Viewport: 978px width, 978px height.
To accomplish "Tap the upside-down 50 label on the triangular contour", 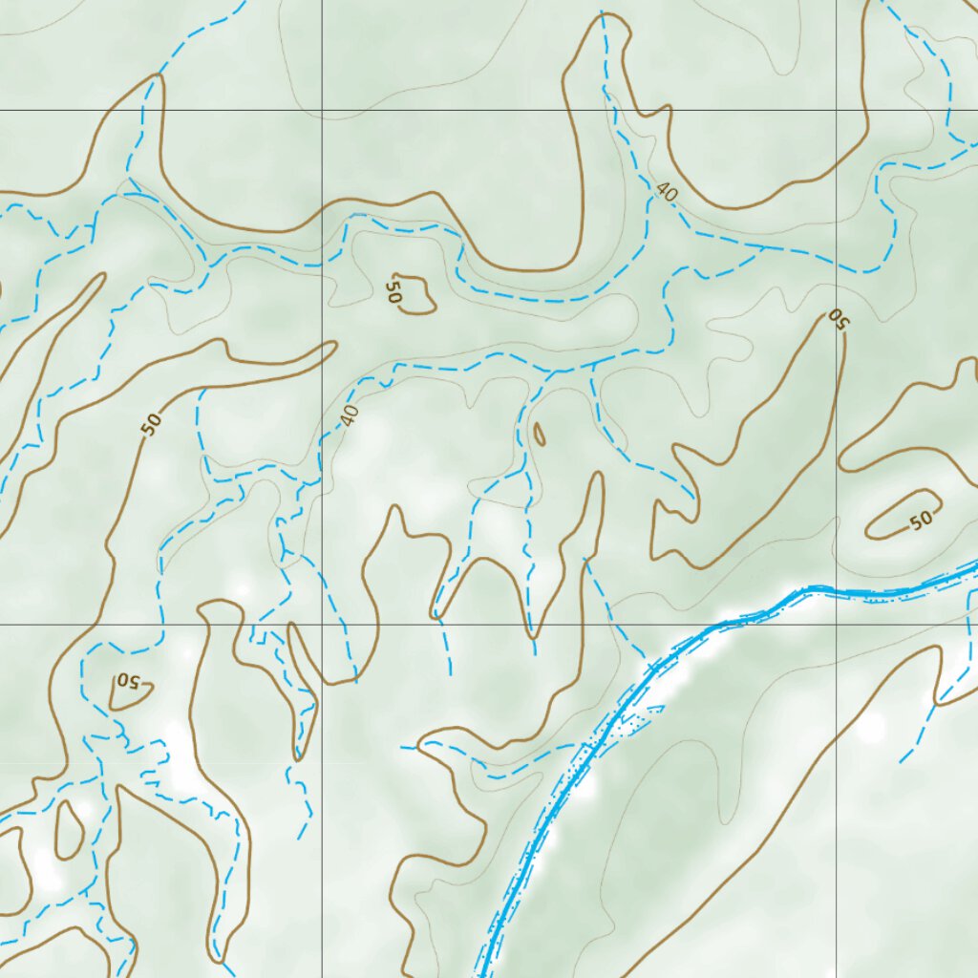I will pos(129,682).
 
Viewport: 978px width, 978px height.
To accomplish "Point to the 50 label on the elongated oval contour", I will pos(920,521).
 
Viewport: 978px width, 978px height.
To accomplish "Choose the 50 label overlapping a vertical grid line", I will pos(838,319).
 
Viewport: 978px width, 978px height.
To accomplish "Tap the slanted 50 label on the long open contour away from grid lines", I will pos(151,423).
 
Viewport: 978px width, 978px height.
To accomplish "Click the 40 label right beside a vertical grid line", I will pos(350,415).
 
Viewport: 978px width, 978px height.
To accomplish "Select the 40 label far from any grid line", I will pos(667,192).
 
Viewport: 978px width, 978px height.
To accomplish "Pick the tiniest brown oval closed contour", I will pos(540,435).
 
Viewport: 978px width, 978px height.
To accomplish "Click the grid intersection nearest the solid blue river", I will pos(838,625).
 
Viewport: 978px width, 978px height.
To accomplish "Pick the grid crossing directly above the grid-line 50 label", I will pos(838,111).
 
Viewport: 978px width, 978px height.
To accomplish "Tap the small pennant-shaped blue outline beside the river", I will pos(654,710).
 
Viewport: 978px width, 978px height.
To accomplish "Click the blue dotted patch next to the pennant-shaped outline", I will pos(626,728).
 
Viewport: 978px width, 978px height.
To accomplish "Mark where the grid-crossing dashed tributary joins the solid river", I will pos(650,664).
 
